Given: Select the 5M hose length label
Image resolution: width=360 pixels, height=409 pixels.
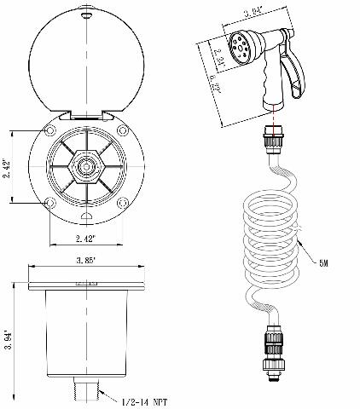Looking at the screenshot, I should point(325,263).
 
